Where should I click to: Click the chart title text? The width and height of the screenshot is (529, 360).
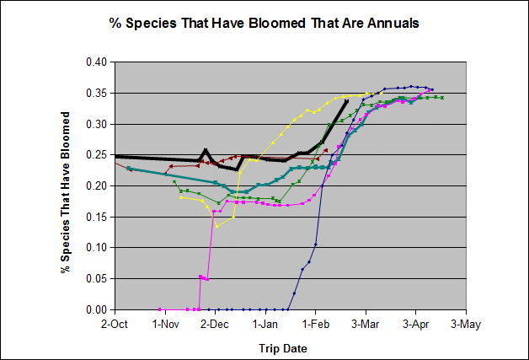pyautogui.click(x=264, y=23)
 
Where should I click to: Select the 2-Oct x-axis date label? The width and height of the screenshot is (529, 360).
pyautogui.click(x=114, y=324)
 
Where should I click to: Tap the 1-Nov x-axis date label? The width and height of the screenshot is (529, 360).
pyautogui.click(x=164, y=324)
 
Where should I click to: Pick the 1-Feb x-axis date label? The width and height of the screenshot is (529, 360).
pyautogui.click(x=315, y=324)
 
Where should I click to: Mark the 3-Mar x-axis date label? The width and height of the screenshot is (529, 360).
pyautogui.click(x=365, y=324)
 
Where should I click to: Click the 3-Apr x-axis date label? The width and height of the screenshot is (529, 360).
pyautogui.click(x=415, y=324)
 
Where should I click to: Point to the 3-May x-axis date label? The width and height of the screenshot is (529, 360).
pyautogui.click(x=465, y=324)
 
